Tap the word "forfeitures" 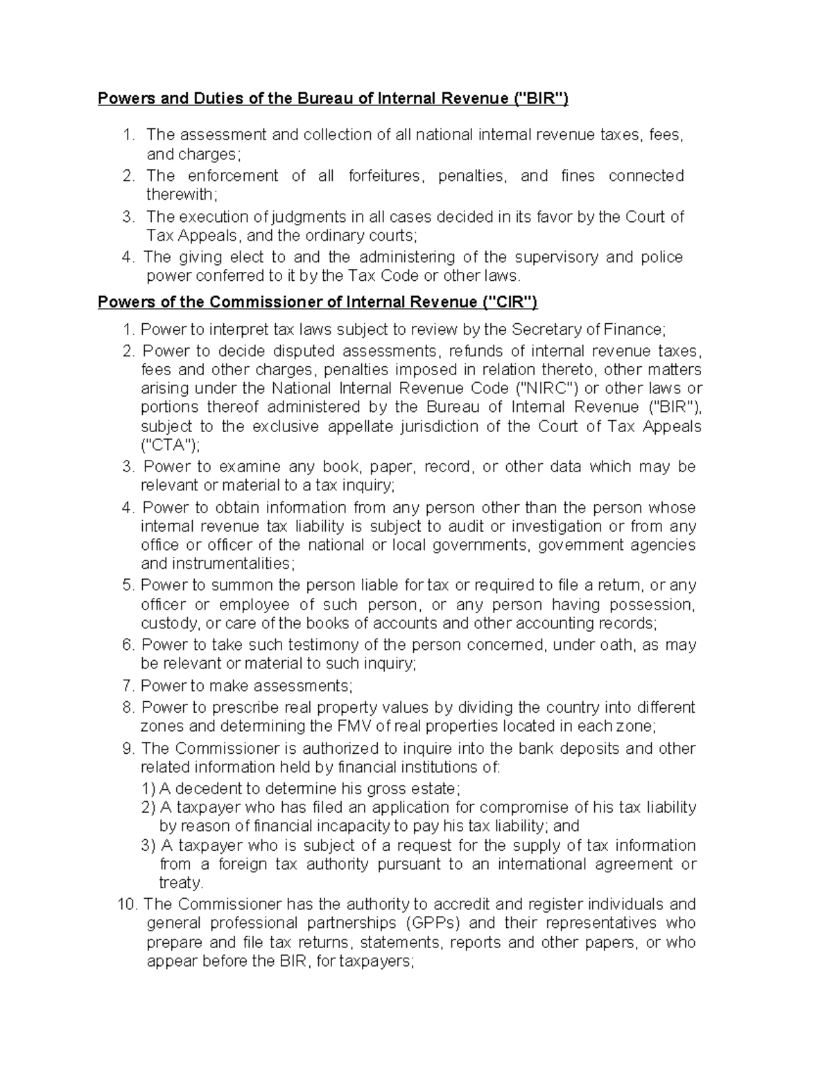(x=385, y=176)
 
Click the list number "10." (x=128, y=904)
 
